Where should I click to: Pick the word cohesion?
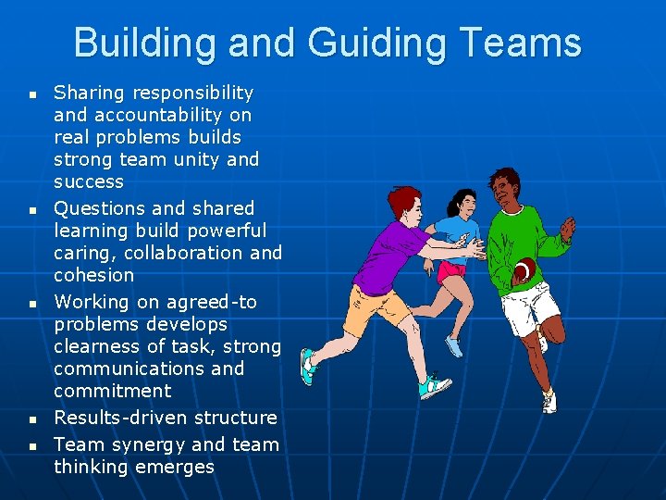pos(93,275)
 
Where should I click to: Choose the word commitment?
pos(113,391)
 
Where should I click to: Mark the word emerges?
pos(174,467)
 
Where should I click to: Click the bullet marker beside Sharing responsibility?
pos(32,94)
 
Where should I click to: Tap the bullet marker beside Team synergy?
pos(32,446)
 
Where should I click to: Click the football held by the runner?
pos(523,270)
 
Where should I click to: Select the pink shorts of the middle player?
pos(451,269)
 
